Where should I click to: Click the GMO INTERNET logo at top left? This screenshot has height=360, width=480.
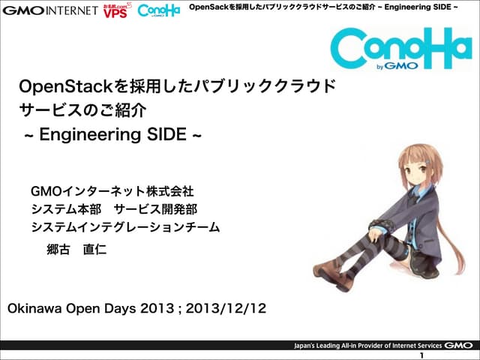click(x=50, y=10)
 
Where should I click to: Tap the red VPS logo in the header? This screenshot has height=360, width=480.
click(x=115, y=11)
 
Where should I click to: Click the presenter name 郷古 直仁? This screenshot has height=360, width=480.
click(x=76, y=249)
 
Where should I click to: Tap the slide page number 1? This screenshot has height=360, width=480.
click(x=423, y=355)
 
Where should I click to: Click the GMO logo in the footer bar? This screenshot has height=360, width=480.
click(x=458, y=345)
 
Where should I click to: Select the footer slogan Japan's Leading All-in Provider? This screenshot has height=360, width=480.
click(x=367, y=346)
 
